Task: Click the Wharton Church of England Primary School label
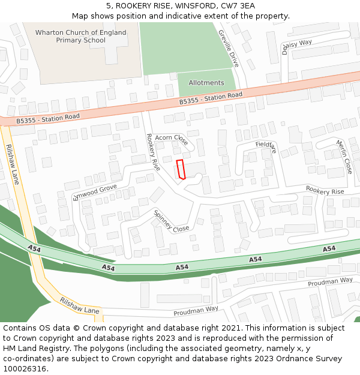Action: click(x=80, y=36)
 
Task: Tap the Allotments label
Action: click(x=206, y=83)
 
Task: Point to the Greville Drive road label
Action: click(x=229, y=49)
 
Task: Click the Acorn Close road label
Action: click(x=172, y=140)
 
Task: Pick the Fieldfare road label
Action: click(x=265, y=147)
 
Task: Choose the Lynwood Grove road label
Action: click(x=94, y=193)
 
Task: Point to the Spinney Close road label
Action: click(x=171, y=220)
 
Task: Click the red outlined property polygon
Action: click(x=181, y=169)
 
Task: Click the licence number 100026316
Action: click(x=25, y=368)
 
